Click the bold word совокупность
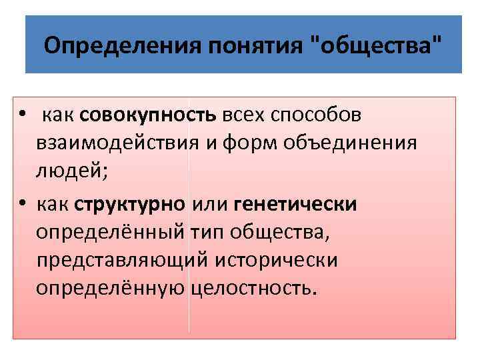click(157, 115)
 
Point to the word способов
click(314, 115)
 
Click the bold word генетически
click(296, 203)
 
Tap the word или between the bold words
click(210, 203)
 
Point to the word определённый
click(111, 232)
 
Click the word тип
click(208, 232)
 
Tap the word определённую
click(111, 289)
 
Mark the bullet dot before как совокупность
click(22, 116)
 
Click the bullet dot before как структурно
click(22, 203)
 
